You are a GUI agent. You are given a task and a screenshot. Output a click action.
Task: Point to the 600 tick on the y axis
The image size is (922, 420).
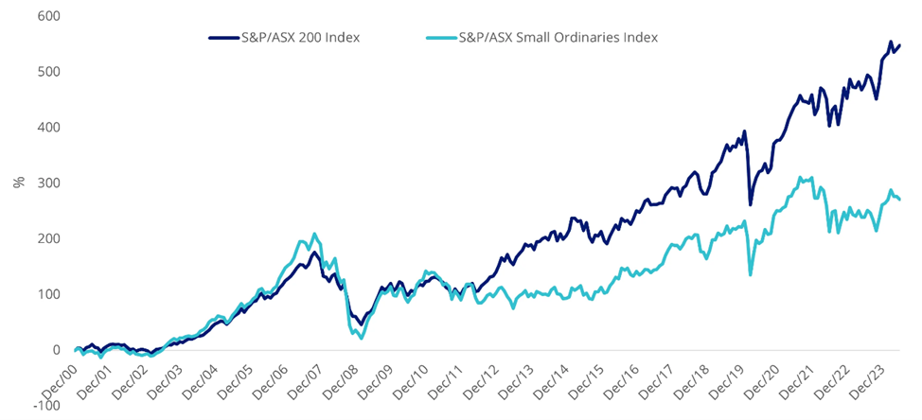45,16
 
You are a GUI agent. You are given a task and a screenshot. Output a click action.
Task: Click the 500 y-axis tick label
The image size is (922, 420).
45,72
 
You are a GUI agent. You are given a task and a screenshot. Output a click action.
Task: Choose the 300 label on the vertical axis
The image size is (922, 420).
45,183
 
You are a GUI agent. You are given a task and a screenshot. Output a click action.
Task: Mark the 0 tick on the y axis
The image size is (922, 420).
53,350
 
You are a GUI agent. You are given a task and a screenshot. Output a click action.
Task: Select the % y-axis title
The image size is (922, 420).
18,183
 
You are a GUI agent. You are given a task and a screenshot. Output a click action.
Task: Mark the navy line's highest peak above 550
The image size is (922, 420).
890,42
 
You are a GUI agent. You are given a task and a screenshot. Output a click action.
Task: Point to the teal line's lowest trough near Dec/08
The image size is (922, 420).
362,338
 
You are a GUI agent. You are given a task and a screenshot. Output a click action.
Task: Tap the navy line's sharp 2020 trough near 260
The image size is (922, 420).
751,204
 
